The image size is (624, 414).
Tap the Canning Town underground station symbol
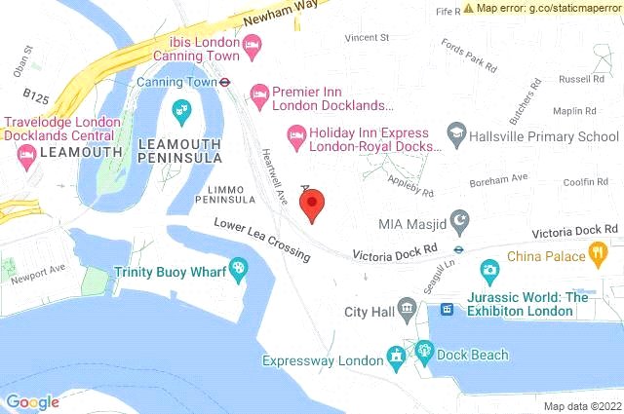click(223, 82)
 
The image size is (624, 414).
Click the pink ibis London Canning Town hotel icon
click(253, 44)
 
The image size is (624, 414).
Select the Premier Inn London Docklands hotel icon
click(259, 94)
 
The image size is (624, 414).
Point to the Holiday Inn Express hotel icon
click(293, 133)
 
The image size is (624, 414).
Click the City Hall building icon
click(407, 311)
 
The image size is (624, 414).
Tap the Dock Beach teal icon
click(425, 352)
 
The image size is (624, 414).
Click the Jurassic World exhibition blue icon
click(448, 309)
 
